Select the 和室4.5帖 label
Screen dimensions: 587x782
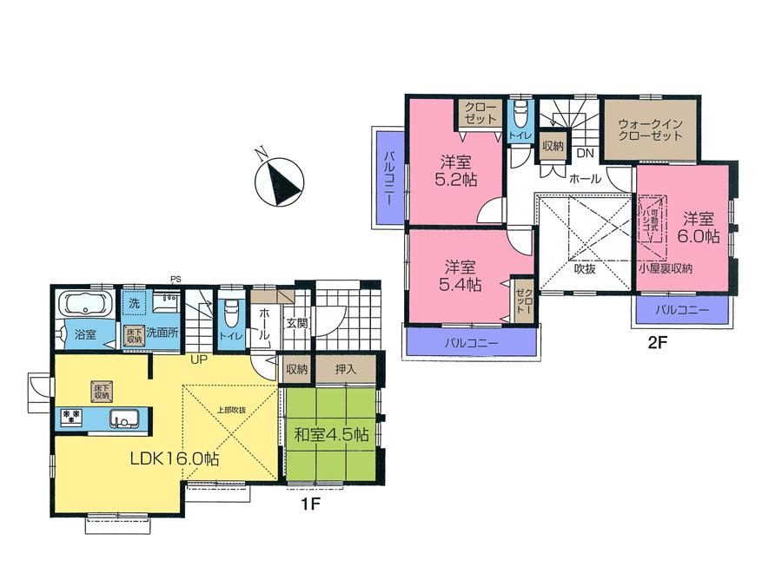[332, 434]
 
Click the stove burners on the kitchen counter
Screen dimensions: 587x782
[71, 419]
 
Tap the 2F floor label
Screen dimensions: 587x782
[657, 341]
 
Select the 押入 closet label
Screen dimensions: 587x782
[346, 369]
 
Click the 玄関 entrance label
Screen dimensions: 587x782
[296, 323]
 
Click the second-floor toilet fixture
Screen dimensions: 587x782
[520, 115]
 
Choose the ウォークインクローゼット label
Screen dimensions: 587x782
[650, 131]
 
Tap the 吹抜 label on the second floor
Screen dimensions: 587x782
[585, 268]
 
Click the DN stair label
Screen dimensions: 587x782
[585, 154]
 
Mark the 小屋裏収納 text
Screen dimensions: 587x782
[666, 269]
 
